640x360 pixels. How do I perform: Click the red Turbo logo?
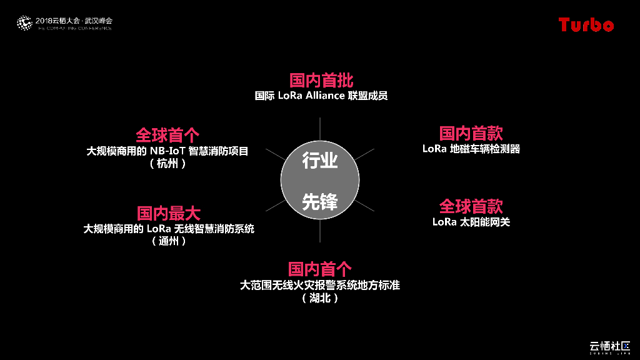(x=586, y=24)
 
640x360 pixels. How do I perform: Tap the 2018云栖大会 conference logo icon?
(x=24, y=23)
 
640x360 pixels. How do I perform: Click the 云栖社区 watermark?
(x=610, y=346)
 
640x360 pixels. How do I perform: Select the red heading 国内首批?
(x=321, y=80)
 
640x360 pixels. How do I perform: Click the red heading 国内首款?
(x=471, y=133)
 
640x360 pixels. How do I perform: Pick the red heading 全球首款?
(x=471, y=206)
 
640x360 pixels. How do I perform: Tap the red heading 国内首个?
(x=320, y=269)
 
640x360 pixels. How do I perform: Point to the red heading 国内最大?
(x=169, y=213)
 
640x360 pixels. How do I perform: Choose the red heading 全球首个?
(x=167, y=135)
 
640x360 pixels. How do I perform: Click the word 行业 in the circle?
(x=320, y=161)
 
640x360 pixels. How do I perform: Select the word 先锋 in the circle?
(x=320, y=201)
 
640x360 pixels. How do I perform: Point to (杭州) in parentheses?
(x=167, y=164)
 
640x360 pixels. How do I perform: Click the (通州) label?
(x=169, y=241)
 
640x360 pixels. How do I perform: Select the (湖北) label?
(x=319, y=298)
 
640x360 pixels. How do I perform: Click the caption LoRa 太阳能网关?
(x=471, y=222)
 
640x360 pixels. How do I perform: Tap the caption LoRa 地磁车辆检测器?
(x=471, y=149)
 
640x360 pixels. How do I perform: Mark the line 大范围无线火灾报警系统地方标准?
(x=320, y=285)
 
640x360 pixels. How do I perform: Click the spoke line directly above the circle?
(x=320, y=129)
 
